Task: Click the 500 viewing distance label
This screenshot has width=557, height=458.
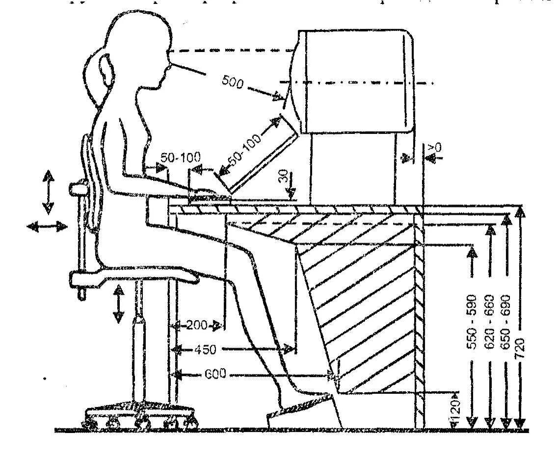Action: (x=233, y=82)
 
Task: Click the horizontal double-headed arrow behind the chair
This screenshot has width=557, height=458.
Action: (x=47, y=226)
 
